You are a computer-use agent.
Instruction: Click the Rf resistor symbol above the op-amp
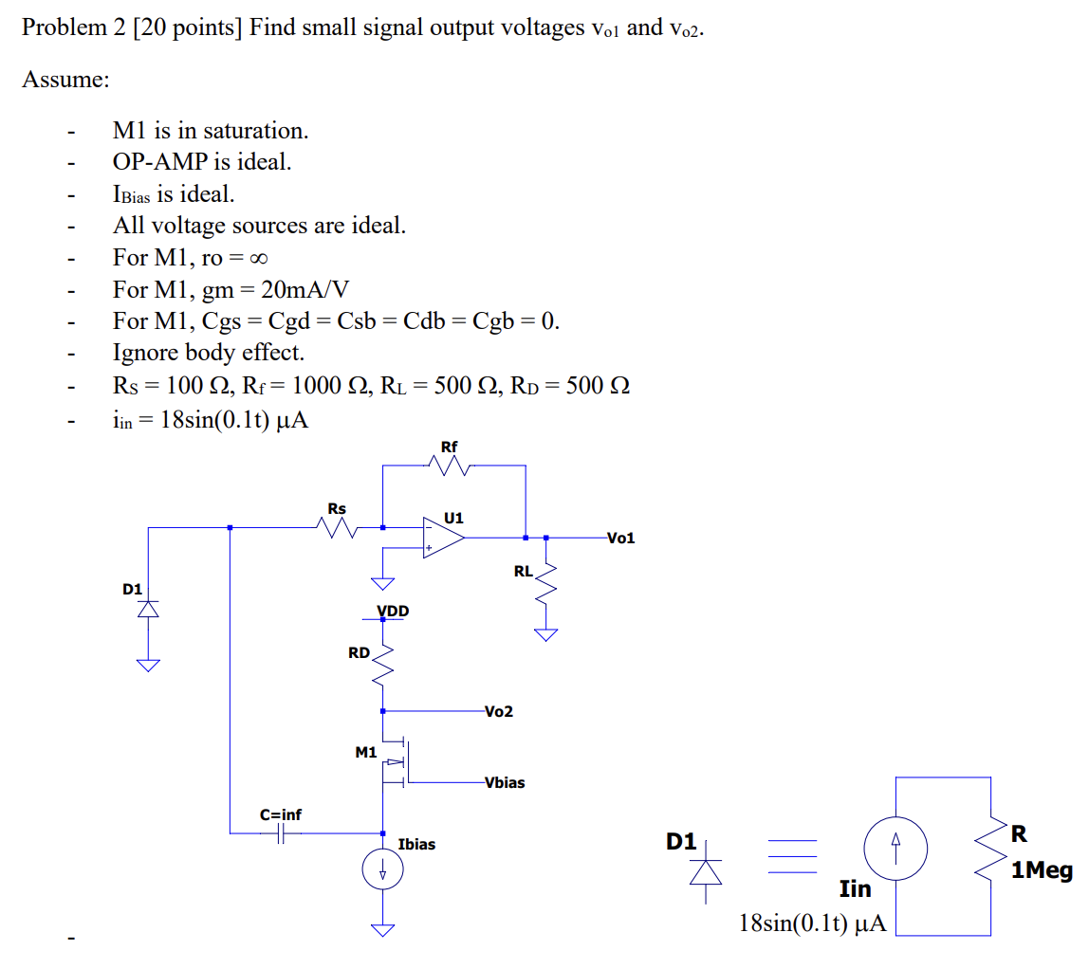tap(451, 466)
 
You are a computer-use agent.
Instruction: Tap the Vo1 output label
tap(620, 539)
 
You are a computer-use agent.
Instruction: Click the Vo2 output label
tap(498, 711)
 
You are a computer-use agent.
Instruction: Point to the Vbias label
tap(504, 783)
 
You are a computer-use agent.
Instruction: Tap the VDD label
tap(393, 611)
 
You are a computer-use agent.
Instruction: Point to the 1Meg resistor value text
tap(1042, 870)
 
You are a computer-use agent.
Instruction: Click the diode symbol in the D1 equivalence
tap(704, 870)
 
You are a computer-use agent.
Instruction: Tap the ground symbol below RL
tap(545, 634)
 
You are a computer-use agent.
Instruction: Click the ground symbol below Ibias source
tap(383, 929)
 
